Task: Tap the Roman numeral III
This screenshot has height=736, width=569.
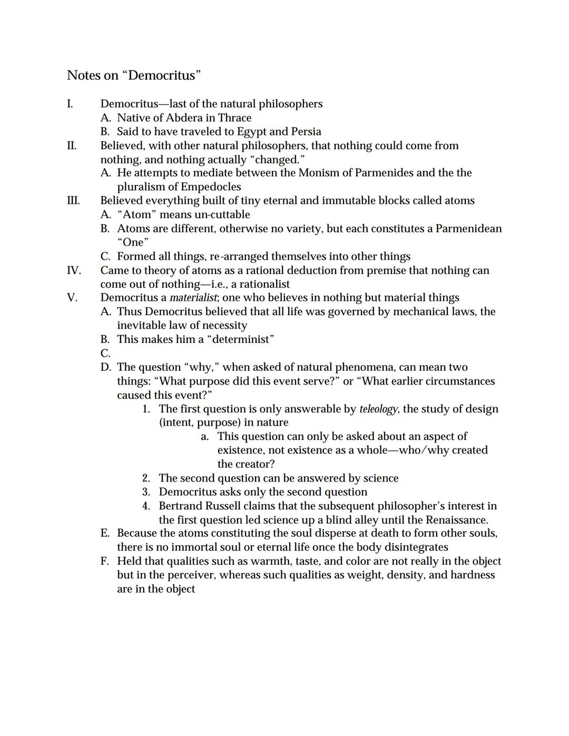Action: [x=73, y=201]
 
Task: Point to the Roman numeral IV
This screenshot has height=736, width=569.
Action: [x=74, y=270]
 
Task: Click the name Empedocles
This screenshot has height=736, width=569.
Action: [x=211, y=187]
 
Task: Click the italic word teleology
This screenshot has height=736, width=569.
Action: [x=378, y=409]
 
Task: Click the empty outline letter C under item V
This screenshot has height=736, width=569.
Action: [x=105, y=354]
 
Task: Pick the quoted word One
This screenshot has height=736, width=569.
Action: [x=133, y=242]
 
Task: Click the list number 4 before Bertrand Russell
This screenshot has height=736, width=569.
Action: [x=146, y=506]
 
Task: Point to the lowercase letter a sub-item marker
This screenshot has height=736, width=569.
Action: [x=204, y=437]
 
